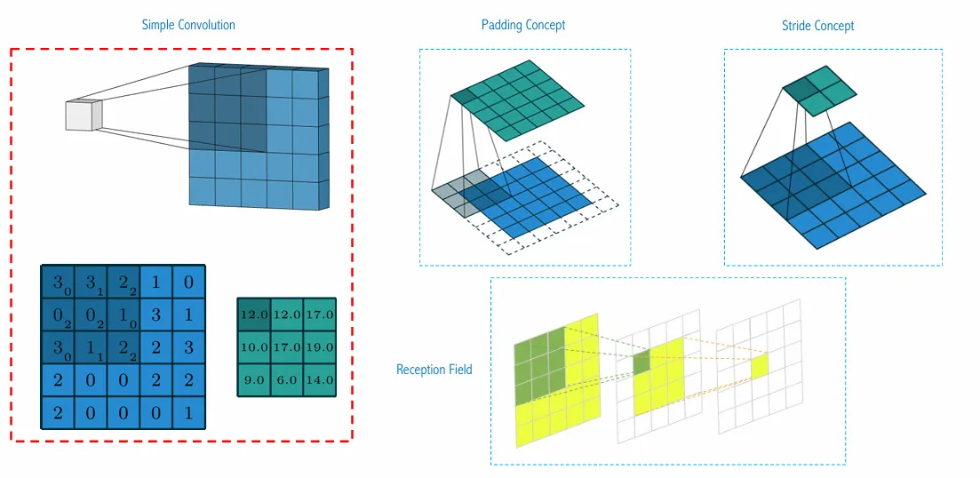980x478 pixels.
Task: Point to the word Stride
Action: pyautogui.click(x=797, y=26)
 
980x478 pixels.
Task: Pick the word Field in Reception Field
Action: pyautogui.click(x=460, y=370)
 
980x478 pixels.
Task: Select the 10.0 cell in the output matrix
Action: pyautogui.click(x=254, y=347)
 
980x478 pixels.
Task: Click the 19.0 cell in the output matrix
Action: pyautogui.click(x=320, y=347)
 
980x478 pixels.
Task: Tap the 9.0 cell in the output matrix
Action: pyautogui.click(x=254, y=379)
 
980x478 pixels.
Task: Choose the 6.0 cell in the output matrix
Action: pyautogui.click(x=287, y=379)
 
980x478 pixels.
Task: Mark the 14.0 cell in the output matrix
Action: pyautogui.click(x=320, y=379)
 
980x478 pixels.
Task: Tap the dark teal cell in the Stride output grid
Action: pyautogui.click(x=801, y=89)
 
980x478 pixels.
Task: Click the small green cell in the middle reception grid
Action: pyautogui.click(x=641, y=362)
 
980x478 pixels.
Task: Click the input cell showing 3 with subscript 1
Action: pyautogui.click(x=91, y=282)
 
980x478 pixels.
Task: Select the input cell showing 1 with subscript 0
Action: pyautogui.click(x=123, y=315)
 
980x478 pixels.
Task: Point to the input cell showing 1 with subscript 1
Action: pyautogui.click(x=91, y=347)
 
